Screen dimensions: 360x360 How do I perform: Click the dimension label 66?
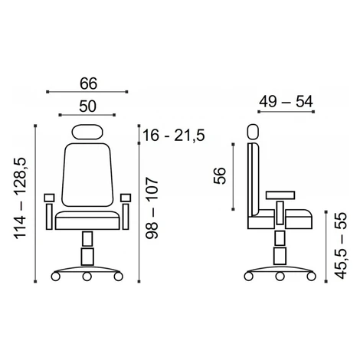click(89, 83)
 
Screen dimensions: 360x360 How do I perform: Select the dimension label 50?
click(87, 106)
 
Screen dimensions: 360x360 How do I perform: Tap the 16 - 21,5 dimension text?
click(174, 135)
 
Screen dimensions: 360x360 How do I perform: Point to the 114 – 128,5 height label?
click(21, 198)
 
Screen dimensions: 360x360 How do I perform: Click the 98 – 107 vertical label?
click(152, 208)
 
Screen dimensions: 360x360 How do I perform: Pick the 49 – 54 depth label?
click(286, 101)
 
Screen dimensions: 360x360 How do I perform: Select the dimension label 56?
click(220, 175)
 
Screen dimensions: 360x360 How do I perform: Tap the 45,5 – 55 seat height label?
click(341, 245)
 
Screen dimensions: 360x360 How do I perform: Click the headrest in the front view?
click(87, 132)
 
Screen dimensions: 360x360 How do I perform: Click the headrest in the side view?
click(253, 132)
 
